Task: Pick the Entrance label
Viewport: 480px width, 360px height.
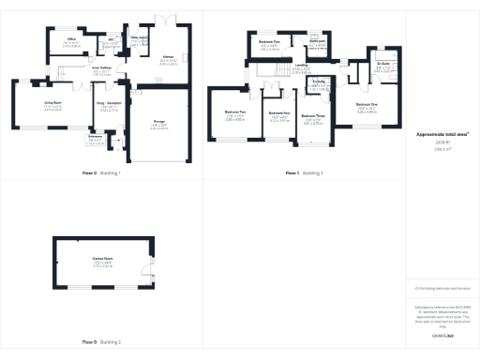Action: click(x=95, y=138)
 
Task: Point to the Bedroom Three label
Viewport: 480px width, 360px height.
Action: click(x=313, y=117)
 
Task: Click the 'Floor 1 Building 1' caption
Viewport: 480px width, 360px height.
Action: click(x=304, y=173)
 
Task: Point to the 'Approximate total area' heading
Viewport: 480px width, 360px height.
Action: click(x=436, y=135)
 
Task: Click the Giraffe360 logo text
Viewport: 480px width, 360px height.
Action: click(x=442, y=334)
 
